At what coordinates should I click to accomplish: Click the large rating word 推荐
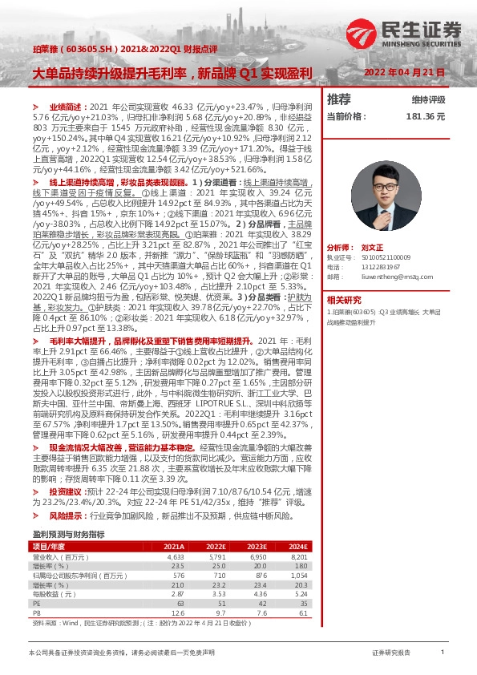(339, 99)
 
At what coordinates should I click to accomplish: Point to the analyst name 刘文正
(373, 227)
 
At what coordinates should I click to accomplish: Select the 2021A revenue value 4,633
(176, 556)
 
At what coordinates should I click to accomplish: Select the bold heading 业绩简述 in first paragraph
(65, 106)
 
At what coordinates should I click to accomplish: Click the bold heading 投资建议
(65, 490)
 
